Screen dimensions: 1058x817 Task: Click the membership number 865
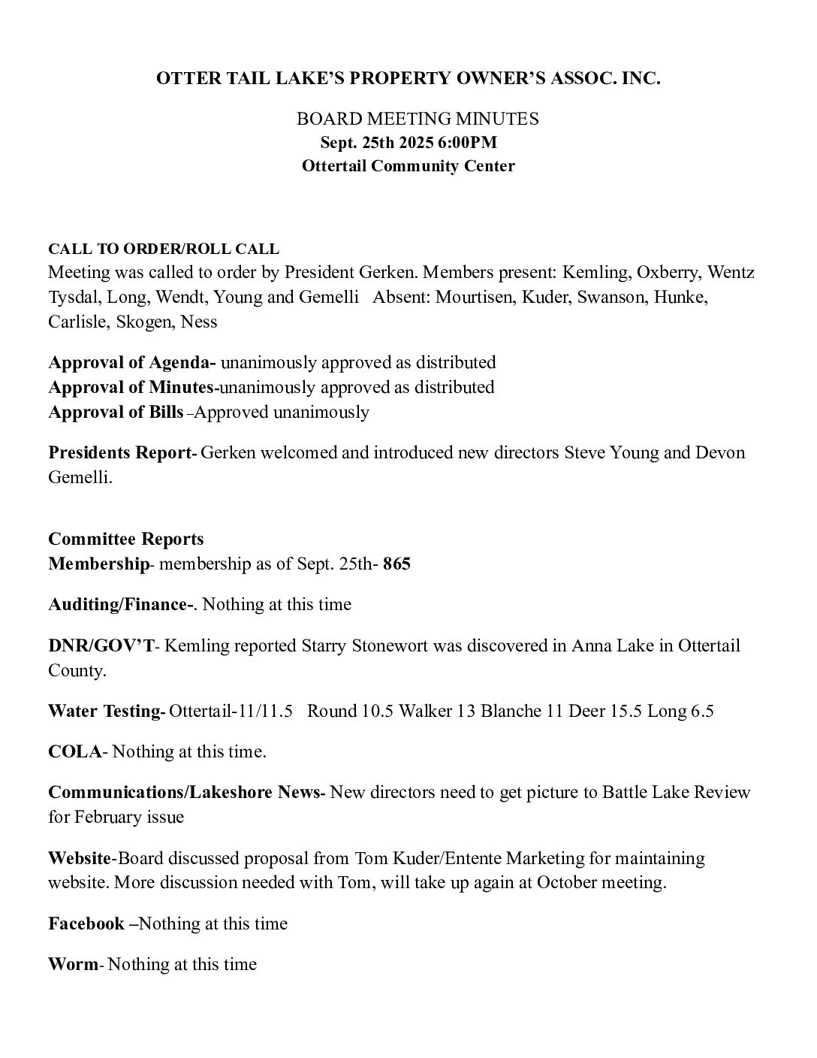[x=396, y=564]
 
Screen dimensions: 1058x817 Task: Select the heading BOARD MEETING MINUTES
[x=418, y=119]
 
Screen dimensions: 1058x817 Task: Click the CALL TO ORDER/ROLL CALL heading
[x=164, y=249]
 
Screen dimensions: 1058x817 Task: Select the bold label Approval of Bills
[x=116, y=412]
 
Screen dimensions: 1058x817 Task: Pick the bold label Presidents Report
[x=121, y=453]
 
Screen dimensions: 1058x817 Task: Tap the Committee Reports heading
[x=126, y=539]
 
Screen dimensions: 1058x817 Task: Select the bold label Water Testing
[x=105, y=711]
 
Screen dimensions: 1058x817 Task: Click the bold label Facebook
[x=86, y=923]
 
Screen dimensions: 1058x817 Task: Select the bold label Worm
[x=73, y=964]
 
